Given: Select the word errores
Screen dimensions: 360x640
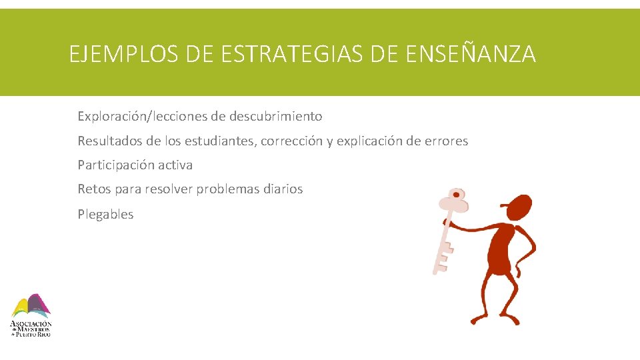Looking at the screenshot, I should click(x=443, y=141).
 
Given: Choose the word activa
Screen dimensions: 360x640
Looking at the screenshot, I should click(x=176, y=165).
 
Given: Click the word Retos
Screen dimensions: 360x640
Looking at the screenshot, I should click(x=94, y=189).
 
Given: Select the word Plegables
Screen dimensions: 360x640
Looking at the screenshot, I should click(x=105, y=215).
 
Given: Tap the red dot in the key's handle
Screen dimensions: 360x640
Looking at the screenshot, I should click(x=457, y=196).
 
